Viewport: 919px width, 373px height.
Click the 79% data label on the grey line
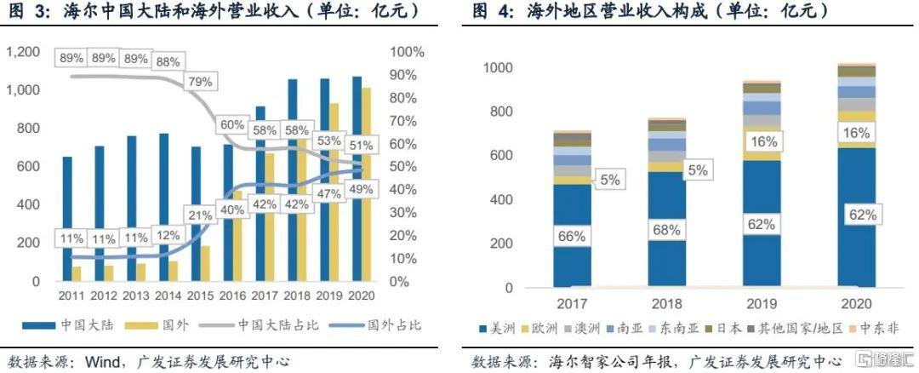[x=201, y=83]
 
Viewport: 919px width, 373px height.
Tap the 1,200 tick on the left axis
[x=23, y=52]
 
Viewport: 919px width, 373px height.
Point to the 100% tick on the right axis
[x=406, y=52]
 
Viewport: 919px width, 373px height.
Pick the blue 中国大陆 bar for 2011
[x=67, y=219]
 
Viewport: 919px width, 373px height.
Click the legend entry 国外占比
[x=391, y=325]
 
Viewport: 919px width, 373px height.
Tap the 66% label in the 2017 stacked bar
[x=572, y=232]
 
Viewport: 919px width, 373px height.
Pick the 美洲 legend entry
[x=517, y=328]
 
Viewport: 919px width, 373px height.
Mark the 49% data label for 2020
[x=361, y=190]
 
